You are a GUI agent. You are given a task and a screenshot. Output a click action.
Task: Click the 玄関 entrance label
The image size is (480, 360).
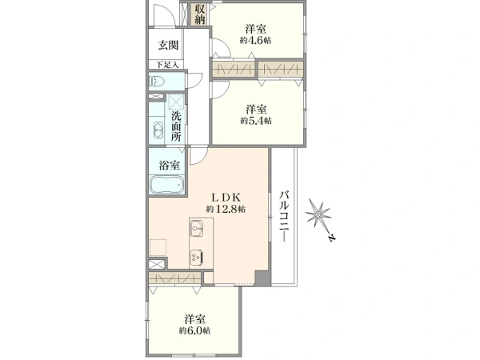[x=168, y=46]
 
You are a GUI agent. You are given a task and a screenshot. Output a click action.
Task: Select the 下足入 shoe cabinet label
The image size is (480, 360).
[x=167, y=65]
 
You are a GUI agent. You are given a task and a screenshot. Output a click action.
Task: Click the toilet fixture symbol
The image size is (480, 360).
[x=157, y=82]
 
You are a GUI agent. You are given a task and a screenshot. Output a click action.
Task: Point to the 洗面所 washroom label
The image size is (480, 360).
[x=176, y=126]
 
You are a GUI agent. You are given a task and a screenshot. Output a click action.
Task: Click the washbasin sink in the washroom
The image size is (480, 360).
[x=158, y=130]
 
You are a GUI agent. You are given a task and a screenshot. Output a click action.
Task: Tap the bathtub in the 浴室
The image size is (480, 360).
[x=167, y=185]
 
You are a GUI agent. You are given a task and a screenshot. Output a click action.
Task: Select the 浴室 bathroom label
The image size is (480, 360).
[x=169, y=166]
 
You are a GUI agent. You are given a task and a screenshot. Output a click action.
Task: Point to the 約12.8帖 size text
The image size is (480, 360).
[x=226, y=210]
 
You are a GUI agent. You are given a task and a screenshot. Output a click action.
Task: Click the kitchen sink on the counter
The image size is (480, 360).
[x=197, y=228]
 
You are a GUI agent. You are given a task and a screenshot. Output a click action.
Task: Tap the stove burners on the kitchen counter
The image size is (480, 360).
[x=197, y=258]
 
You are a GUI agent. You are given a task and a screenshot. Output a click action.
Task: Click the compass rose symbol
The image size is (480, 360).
[x=318, y=213]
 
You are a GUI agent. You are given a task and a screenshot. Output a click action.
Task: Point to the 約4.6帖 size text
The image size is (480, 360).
[x=256, y=41]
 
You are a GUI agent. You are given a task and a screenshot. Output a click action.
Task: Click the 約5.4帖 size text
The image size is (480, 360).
[x=256, y=121]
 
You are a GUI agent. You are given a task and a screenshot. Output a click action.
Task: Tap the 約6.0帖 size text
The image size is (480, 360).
[x=194, y=331]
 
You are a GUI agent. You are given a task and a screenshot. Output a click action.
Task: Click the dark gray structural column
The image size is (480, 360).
[x=263, y=278]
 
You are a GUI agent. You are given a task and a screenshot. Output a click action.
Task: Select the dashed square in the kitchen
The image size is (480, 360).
[x=158, y=247]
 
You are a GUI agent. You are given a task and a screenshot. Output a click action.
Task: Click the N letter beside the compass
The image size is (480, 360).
[x=331, y=238]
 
